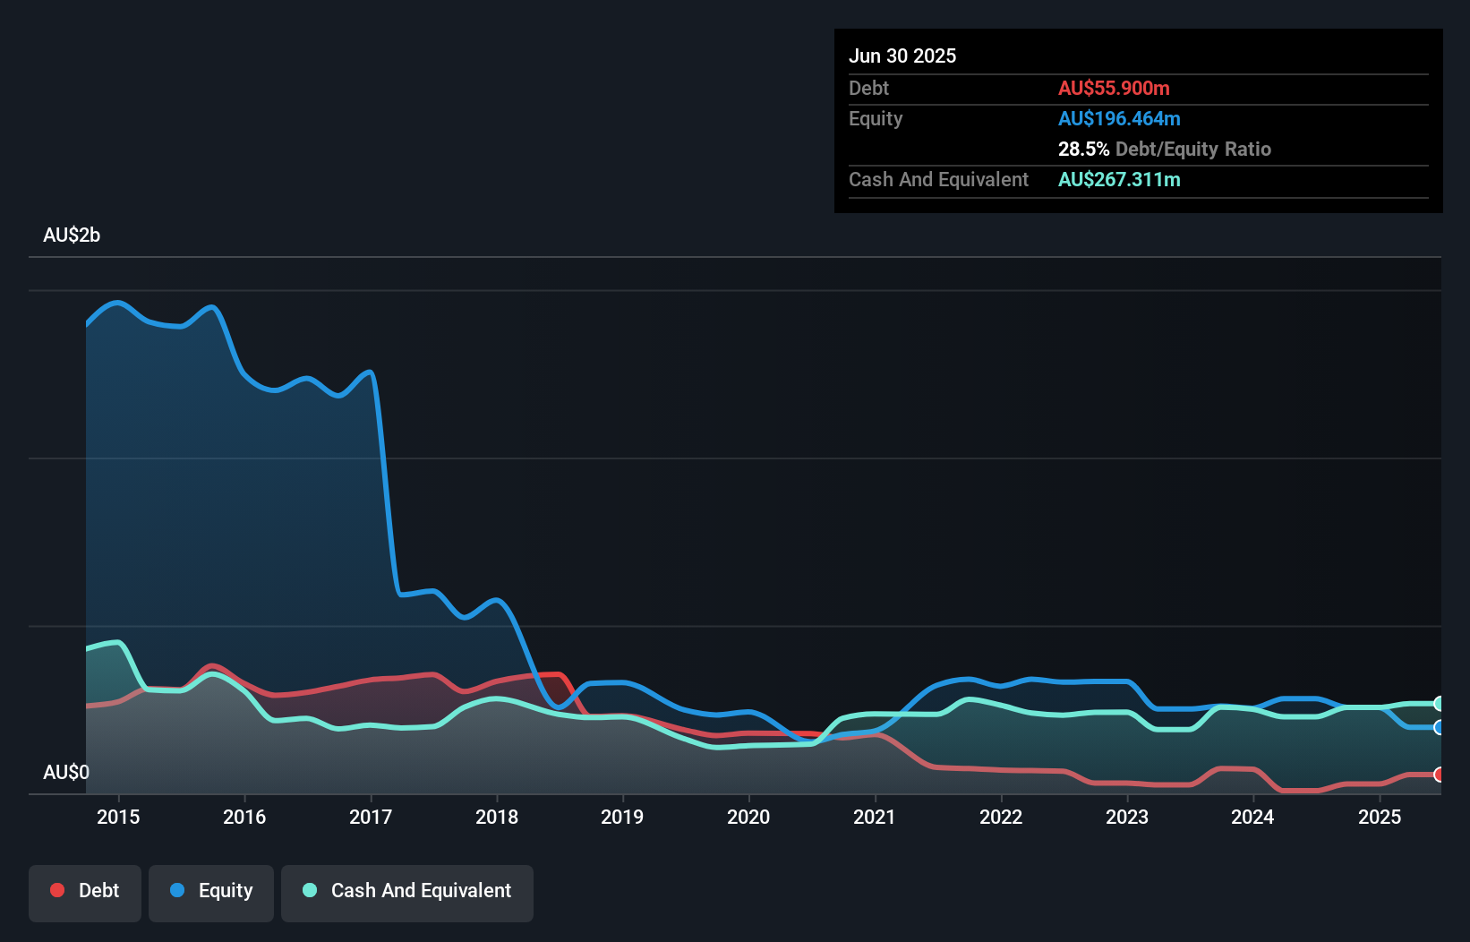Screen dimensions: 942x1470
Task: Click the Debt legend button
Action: pyautogui.click(x=85, y=892)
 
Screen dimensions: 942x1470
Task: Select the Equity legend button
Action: pyautogui.click(x=211, y=892)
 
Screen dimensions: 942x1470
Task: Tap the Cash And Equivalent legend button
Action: pyautogui.click(x=407, y=892)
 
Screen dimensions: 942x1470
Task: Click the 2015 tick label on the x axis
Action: pyautogui.click(x=118, y=817)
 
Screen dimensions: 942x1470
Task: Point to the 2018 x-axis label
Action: pyautogui.click(x=497, y=817)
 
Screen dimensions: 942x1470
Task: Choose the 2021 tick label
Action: pyautogui.click(x=875, y=817)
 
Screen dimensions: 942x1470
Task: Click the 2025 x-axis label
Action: pyautogui.click(x=1380, y=817)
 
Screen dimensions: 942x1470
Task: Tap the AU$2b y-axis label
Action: pyautogui.click(x=72, y=235)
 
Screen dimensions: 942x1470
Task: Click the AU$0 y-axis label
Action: pyautogui.click(x=66, y=772)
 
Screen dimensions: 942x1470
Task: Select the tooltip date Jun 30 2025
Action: pyautogui.click(x=902, y=56)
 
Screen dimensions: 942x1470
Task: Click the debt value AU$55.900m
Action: pyautogui.click(x=1114, y=88)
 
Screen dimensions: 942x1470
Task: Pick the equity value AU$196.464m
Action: pyautogui.click(x=1119, y=118)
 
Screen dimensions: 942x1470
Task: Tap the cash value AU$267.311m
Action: pyautogui.click(x=1119, y=179)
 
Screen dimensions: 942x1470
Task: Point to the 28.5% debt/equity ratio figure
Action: pyautogui.click(x=1083, y=149)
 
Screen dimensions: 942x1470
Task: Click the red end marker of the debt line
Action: pyautogui.click(x=1439, y=775)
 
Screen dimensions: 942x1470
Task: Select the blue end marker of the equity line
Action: pyautogui.click(x=1439, y=727)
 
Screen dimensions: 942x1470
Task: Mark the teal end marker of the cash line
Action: pyautogui.click(x=1439, y=704)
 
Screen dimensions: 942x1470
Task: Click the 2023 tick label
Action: pyautogui.click(x=1127, y=817)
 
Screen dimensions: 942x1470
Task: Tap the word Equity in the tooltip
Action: pyautogui.click(x=876, y=118)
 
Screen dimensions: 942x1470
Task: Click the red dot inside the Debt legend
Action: pyautogui.click(x=57, y=890)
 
